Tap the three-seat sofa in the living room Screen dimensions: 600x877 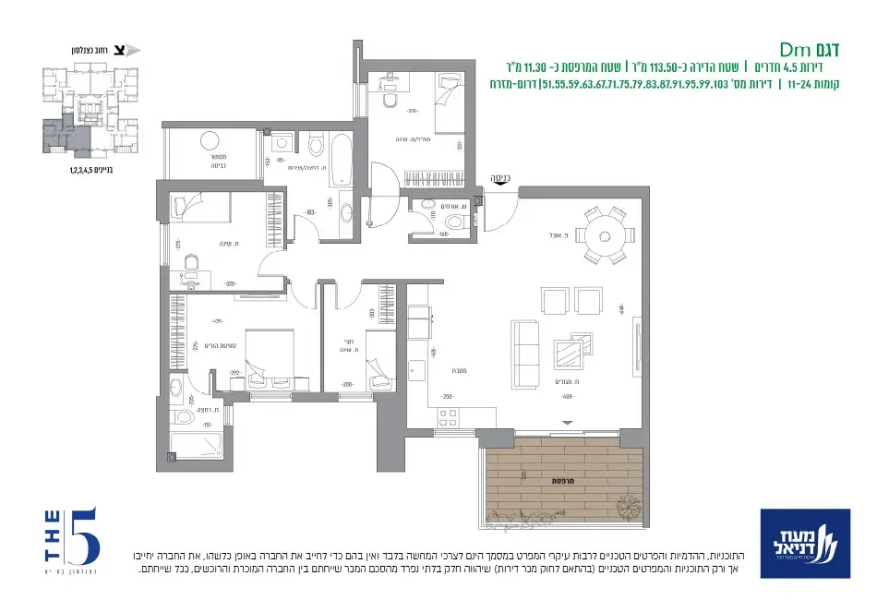(x=527, y=344)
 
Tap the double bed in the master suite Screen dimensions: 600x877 (x=269, y=354)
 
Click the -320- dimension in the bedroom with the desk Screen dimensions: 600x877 (x=205, y=284)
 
